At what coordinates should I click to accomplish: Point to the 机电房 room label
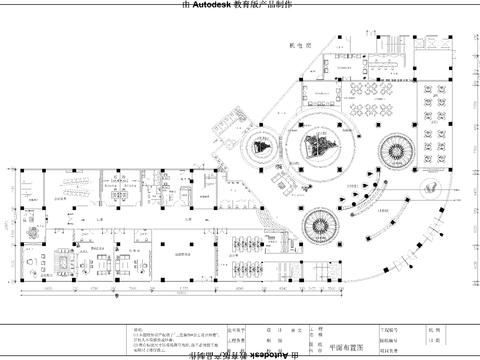click(299, 45)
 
